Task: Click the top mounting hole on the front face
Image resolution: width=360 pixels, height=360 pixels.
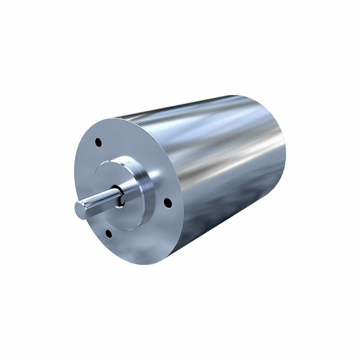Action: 98,142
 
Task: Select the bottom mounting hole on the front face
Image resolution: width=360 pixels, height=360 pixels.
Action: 108,234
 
